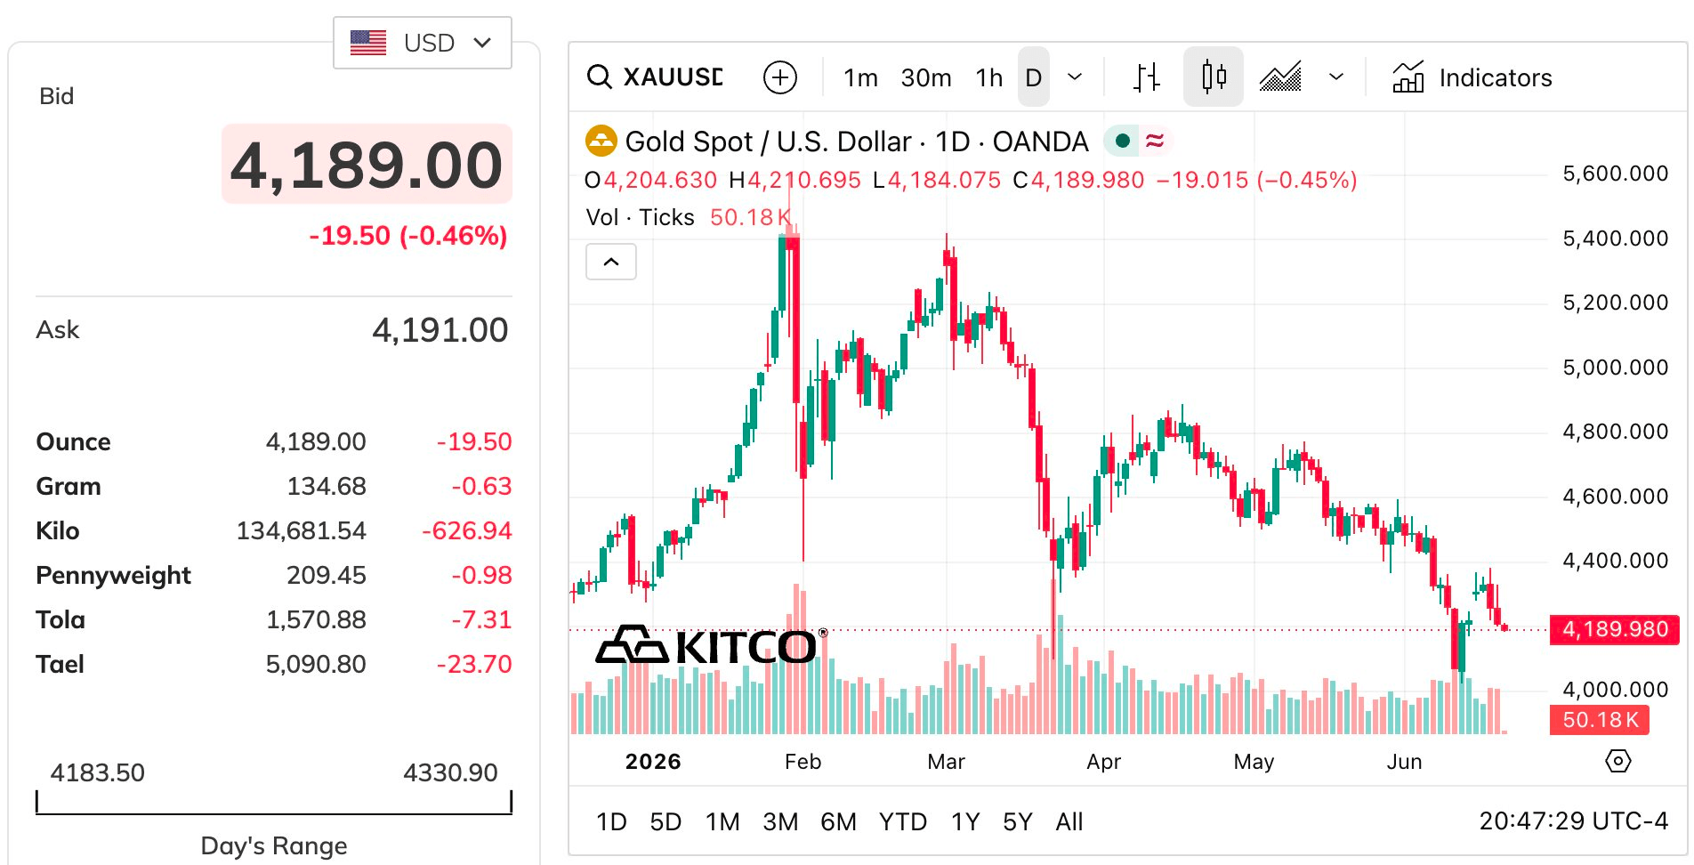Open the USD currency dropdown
[422, 43]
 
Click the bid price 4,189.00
[367, 166]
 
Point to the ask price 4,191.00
[440, 330]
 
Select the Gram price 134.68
[327, 486]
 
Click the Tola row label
[60, 619]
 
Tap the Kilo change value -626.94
[467, 530]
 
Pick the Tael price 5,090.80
[316, 664]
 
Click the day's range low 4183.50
[98, 772]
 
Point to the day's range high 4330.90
[450, 772]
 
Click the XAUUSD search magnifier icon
[600, 77]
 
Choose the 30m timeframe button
[926, 78]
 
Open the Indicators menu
[1472, 77]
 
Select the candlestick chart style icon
[1214, 77]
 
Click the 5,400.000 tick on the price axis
[1616, 238]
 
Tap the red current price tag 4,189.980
[1615, 629]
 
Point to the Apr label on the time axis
[1104, 762]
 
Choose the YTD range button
[903, 821]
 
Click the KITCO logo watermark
[706, 645]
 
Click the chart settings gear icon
[1618, 761]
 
